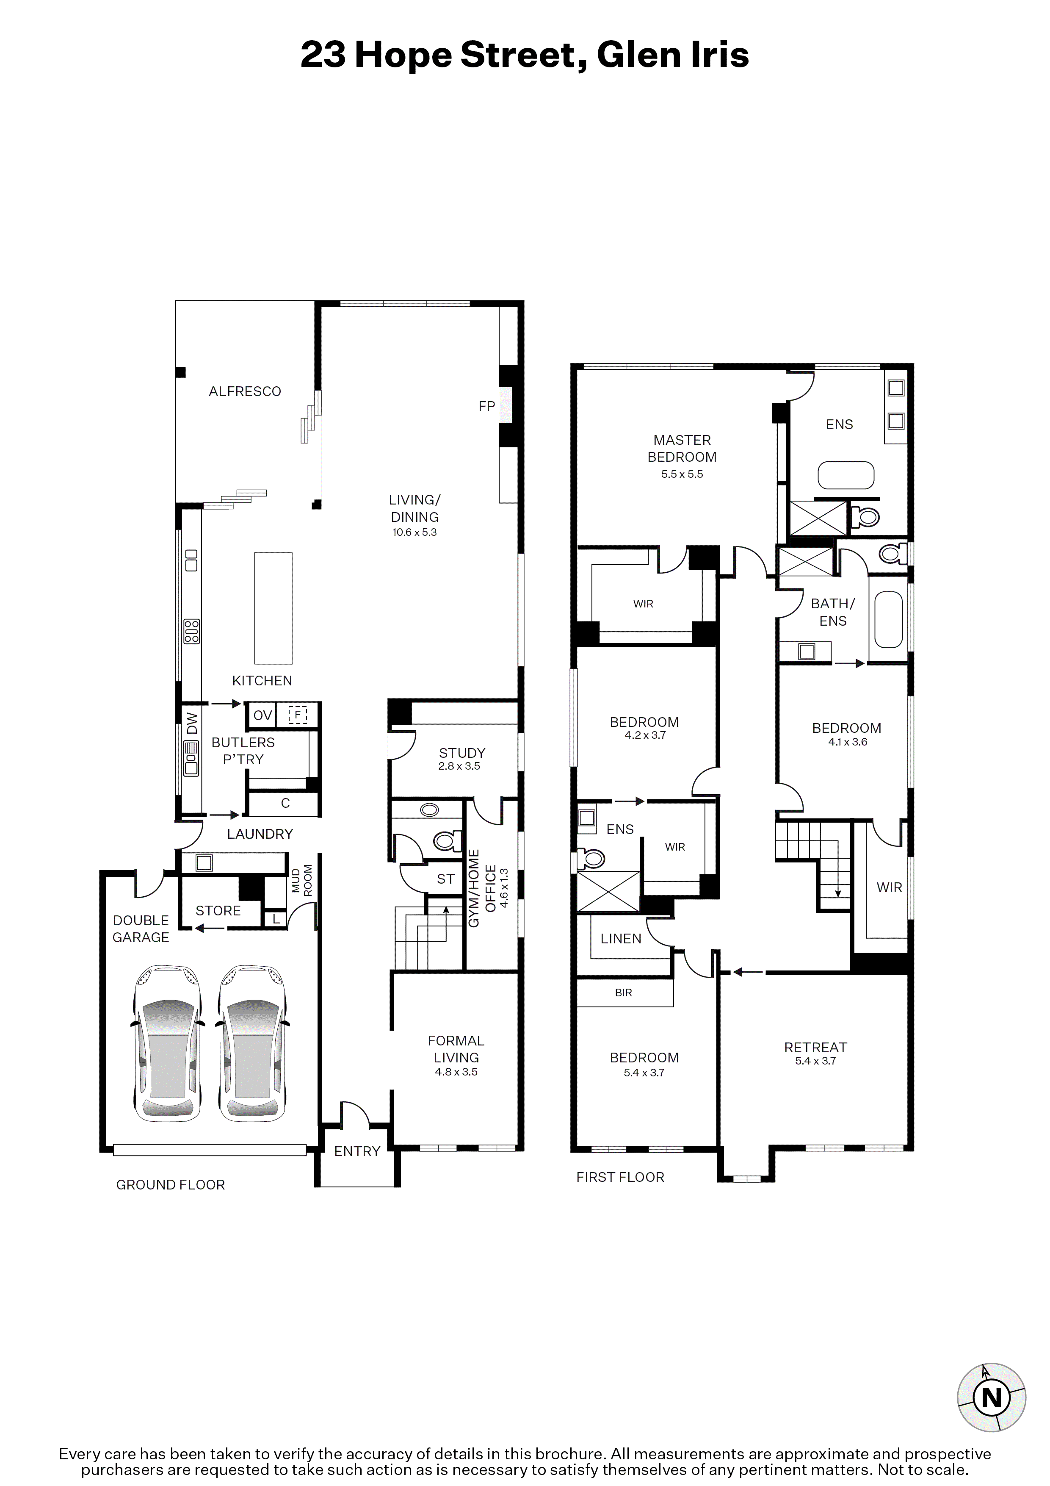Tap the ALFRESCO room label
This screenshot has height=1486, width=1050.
pos(245,391)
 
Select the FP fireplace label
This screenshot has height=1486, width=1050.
pos(486,406)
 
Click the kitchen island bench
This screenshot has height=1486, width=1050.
pos(273,608)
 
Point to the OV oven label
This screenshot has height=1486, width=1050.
pos(262,715)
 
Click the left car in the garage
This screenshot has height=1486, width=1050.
pos(167,1044)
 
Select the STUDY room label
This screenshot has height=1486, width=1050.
pos(462,753)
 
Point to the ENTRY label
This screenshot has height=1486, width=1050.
pos(357,1151)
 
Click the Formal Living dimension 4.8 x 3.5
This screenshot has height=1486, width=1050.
pos(456,1072)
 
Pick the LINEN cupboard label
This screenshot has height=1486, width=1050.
pos(621,938)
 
